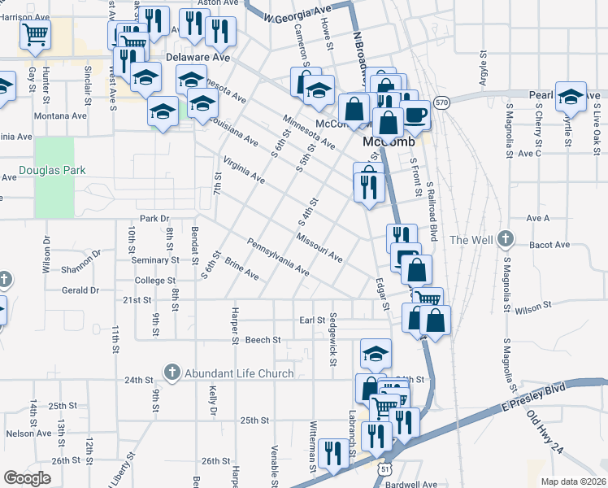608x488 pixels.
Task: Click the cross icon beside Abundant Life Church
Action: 172,373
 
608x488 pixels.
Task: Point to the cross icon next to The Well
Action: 506,239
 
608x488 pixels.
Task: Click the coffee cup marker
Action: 416,115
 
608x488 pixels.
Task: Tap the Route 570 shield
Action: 441,102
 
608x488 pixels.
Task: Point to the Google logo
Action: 27,478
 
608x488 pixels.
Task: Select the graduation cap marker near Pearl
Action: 571,95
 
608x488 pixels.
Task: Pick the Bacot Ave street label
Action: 549,245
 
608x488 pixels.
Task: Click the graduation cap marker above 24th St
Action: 376,353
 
